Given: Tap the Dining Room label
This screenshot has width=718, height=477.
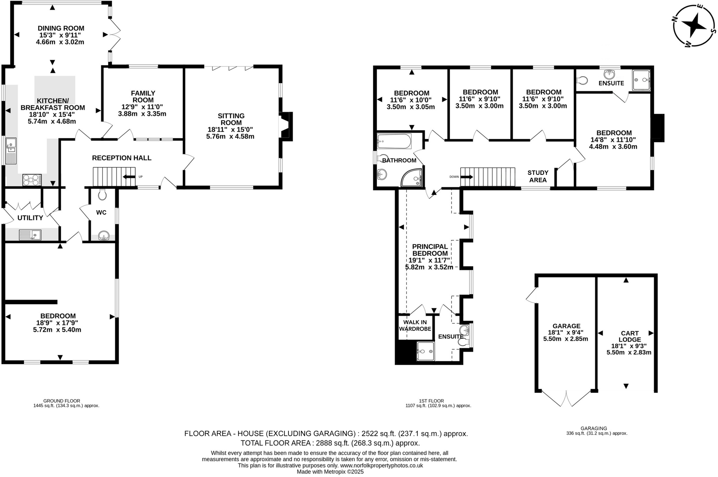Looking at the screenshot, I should tap(61, 28).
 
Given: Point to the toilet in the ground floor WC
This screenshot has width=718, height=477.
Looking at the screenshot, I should tap(102, 195).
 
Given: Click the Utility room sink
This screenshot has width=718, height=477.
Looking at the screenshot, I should tap(30, 235).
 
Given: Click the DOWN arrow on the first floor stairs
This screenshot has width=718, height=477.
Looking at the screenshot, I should tap(466, 177).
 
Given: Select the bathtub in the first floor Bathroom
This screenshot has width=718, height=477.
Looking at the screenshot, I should tap(394, 141).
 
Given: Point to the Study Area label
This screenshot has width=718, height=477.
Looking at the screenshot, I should tap(538, 176).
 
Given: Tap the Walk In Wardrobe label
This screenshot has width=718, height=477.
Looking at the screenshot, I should tap(415, 326).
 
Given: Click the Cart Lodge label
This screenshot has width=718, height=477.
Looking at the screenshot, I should tap(630, 336).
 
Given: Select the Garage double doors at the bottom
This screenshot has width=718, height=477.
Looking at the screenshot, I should tap(566, 398).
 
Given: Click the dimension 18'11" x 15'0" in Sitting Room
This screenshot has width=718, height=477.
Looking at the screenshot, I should tap(230, 130).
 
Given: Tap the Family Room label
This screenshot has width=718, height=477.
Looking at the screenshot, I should tap(143, 97).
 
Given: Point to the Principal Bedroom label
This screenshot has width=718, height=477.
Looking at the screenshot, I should tap(430, 250).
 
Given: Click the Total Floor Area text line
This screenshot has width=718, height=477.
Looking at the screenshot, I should tap(330, 443).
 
